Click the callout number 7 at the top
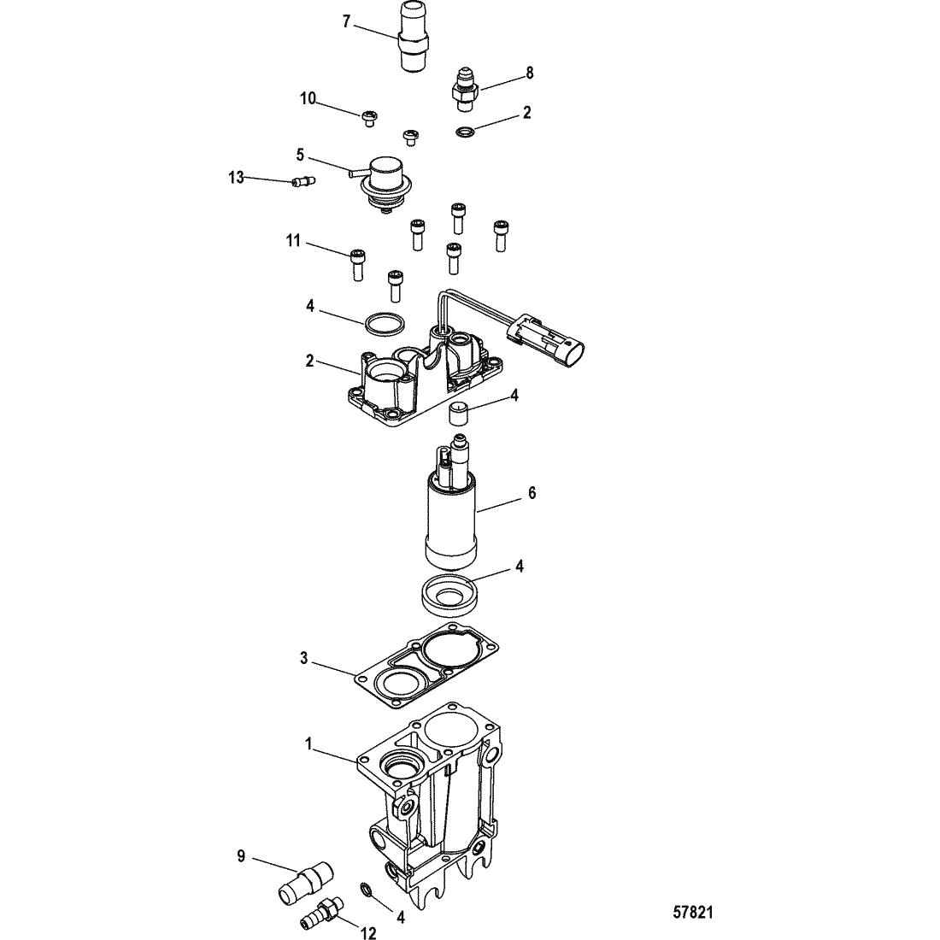click(x=346, y=21)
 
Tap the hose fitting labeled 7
click(x=413, y=38)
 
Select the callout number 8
click(x=529, y=73)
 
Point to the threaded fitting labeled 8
click(x=465, y=90)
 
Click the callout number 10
click(x=308, y=98)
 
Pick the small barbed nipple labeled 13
click(x=304, y=180)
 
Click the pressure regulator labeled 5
click(x=383, y=184)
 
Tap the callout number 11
click(x=292, y=241)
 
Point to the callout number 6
click(x=532, y=493)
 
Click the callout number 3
click(x=304, y=658)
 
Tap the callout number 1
click(x=308, y=744)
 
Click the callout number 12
click(x=368, y=932)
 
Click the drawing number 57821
click(x=693, y=912)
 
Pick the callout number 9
click(x=241, y=856)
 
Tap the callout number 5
click(x=300, y=156)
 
